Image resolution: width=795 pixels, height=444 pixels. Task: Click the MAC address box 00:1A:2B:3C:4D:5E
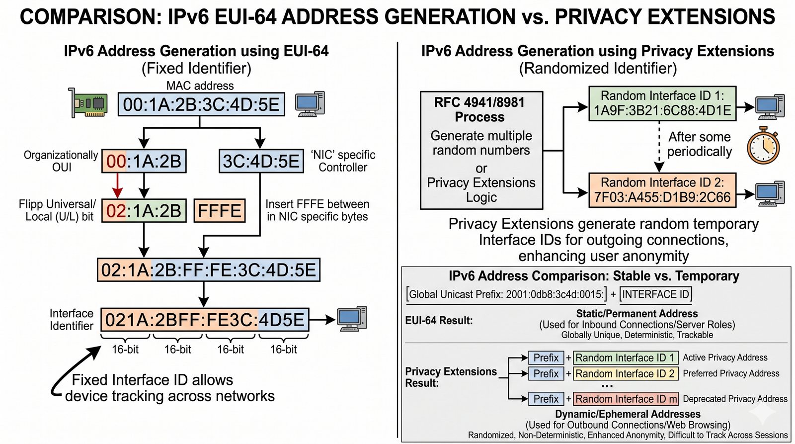(201, 104)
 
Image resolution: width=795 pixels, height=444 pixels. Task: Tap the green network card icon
(88, 103)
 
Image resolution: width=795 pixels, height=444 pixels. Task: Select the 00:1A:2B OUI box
(144, 161)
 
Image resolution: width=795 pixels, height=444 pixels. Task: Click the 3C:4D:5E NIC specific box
(261, 161)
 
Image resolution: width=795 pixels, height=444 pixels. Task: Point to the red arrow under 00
(117, 185)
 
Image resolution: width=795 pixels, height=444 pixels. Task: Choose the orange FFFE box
(219, 211)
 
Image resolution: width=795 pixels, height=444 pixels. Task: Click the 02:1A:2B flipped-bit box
(144, 211)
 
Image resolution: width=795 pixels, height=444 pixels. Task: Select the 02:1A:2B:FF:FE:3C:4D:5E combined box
(208, 270)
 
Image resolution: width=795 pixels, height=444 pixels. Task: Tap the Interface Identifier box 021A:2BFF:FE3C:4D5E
(205, 320)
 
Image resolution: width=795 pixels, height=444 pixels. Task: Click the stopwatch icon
(763, 146)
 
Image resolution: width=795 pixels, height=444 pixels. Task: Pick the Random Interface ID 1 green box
(662, 103)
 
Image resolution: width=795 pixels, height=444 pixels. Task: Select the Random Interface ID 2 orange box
(662, 190)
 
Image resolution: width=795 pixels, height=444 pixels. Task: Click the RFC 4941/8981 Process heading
(479, 109)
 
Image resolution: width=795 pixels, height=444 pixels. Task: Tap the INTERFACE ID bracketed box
(655, 294)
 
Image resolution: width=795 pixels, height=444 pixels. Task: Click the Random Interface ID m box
(626, 399)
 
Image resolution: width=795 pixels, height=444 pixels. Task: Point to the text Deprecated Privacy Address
(735, 399)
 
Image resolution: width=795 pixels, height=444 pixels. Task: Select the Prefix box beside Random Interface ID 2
(546, 373)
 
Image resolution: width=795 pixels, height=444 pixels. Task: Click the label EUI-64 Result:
(439, 321)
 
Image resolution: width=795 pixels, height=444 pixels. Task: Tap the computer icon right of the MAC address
(310, 103)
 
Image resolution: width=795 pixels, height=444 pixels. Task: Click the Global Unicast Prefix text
(506, 294)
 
